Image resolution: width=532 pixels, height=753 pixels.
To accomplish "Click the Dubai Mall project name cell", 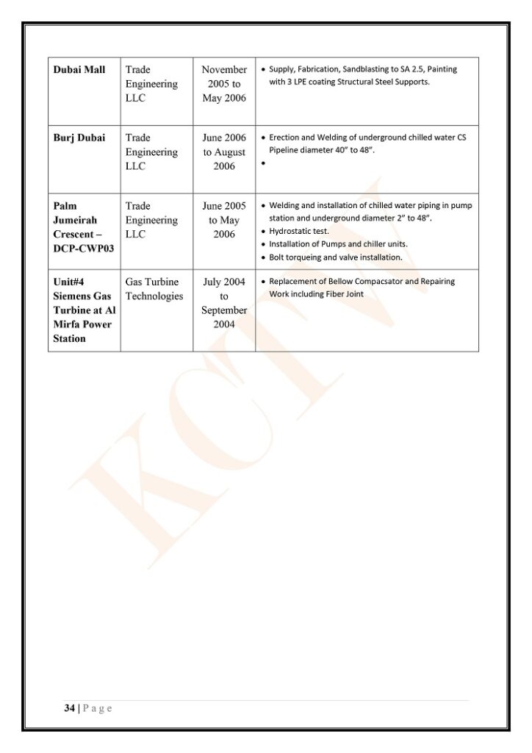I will (x=79, y=70).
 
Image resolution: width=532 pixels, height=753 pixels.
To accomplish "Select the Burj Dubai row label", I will (x=79, y=138).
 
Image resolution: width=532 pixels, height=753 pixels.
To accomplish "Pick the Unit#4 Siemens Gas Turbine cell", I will (x=84, y=310).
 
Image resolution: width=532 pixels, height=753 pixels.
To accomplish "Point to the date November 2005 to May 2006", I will (x=224, y=84).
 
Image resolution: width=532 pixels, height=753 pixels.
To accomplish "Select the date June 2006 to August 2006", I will (x=224, y=151).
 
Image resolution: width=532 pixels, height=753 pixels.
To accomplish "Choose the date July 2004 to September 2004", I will (x=224, y=303).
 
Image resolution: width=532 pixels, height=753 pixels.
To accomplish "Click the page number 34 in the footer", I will (x=69, y=708).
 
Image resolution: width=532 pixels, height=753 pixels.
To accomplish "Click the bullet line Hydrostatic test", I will (x=298, y=231).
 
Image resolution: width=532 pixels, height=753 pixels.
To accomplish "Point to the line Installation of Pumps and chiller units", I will (x=338, y=244).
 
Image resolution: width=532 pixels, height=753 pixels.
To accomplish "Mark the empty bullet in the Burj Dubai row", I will (x=263, y=163).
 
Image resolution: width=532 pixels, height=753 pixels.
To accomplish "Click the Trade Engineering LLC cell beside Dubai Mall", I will (x=151, y=84).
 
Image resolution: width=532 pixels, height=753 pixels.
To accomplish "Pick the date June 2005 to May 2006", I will (x=224, y=220).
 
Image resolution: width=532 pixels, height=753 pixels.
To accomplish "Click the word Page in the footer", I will (x=98, y=708).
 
